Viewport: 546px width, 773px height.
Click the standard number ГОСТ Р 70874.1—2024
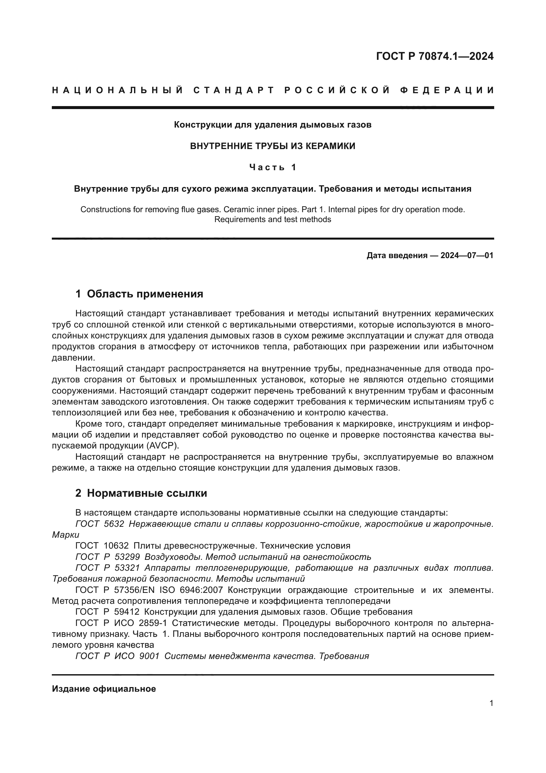pyautogui.click(x=435, y=56)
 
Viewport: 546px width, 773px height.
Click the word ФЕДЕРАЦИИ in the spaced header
pyautogui.click(x=447, y=90)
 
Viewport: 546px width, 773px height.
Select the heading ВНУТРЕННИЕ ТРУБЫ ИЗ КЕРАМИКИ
pyautogui.click(x=273, y=146)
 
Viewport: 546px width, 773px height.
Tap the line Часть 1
pyautogui.click(x=273, y=167)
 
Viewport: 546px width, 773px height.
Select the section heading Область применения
pyautogui.click(x=145, y=294)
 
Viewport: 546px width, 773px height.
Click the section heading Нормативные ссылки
pyautogui.click(x=147, y=493)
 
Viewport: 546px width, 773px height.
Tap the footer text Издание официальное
pyautogui.click(x=104, y=688)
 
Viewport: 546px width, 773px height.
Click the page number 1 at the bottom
pyautogui.click(x=492, y=703)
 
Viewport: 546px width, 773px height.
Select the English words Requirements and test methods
pyautogui.click(x=273, y=219)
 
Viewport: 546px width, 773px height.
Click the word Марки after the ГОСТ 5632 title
pyautogui.click(x=66, y=535)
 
